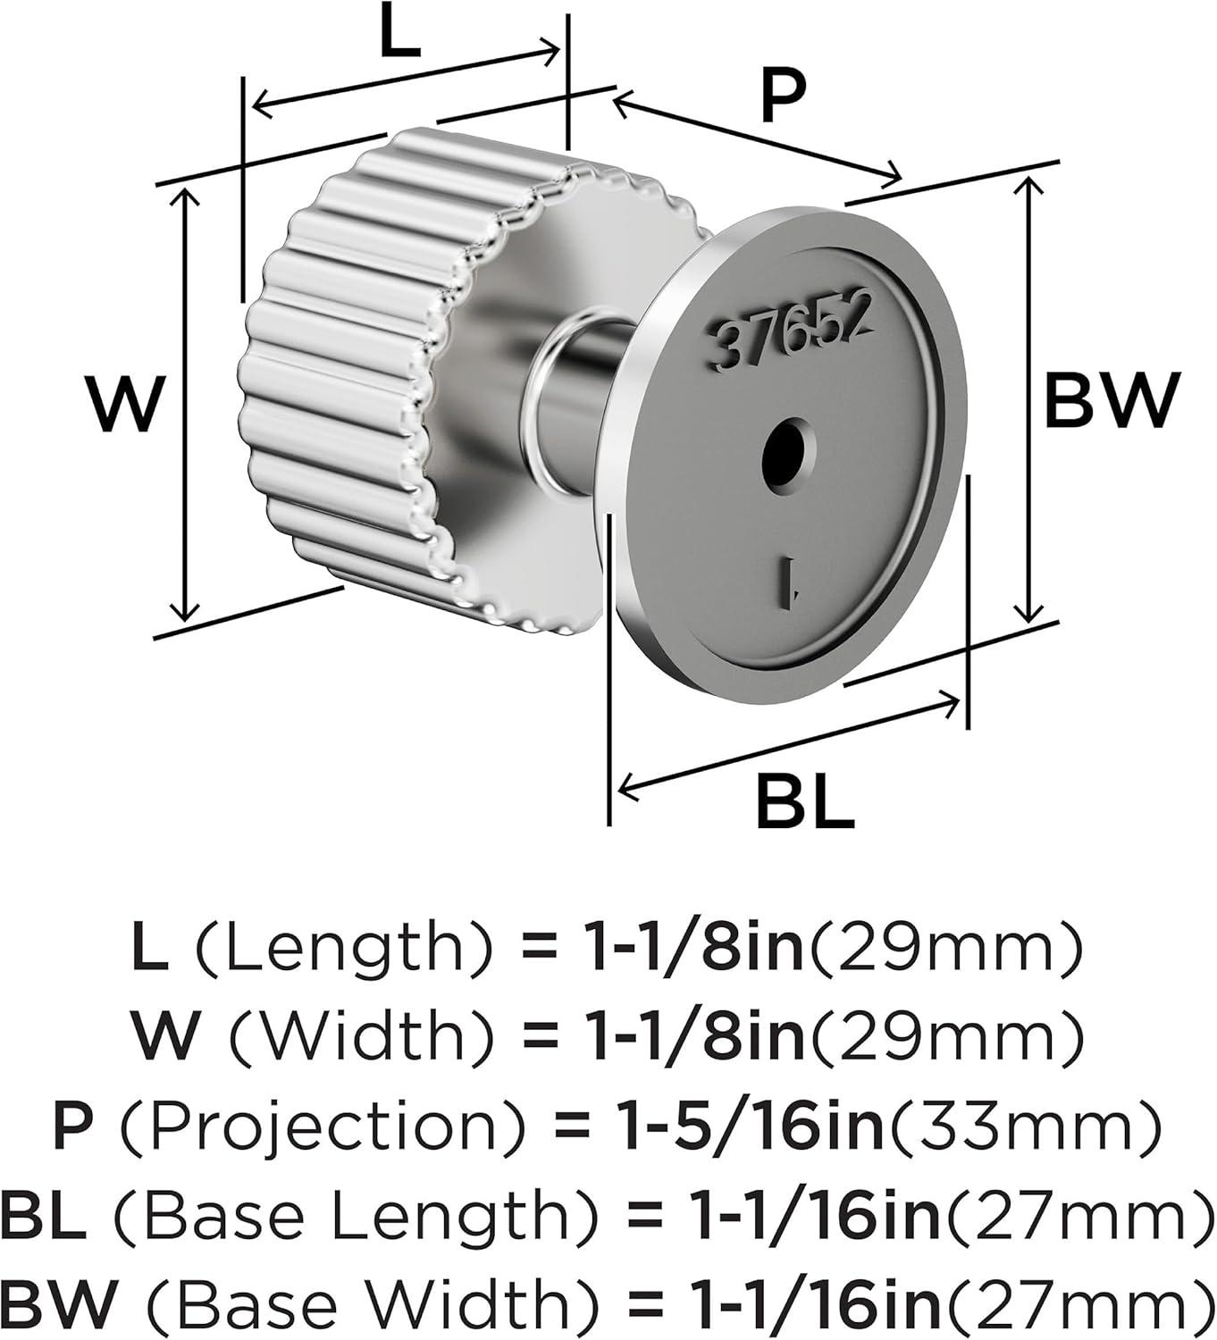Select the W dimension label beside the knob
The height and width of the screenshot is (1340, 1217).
124,404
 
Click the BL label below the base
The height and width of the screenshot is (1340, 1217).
805,801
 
